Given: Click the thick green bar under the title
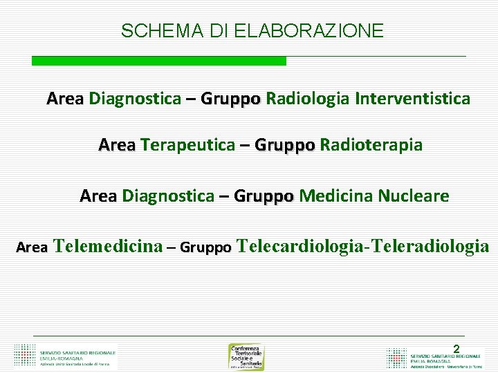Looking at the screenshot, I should click(x=158, y=61).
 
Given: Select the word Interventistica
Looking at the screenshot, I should click(x=412, y=99).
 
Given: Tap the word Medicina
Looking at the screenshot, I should click(x=335, y=196).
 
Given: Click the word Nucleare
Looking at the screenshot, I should click(x=413, y=196).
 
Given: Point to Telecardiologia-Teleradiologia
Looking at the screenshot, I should click(x=362, y=246).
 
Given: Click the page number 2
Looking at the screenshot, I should click(x=456, y=350).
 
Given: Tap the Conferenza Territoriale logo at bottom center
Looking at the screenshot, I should click(x=246, y=356).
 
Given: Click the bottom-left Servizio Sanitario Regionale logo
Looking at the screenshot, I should click(x=66, y=355).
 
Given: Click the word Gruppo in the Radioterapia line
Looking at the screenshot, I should click(x=285, y=146).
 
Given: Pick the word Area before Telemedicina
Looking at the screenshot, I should click(x=32, y=247).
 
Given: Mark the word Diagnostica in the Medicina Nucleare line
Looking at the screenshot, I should click(x=168, y=196).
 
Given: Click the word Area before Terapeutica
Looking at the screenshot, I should click(x=117, y=146).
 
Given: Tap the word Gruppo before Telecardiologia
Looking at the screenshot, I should click(x=205, y=247).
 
